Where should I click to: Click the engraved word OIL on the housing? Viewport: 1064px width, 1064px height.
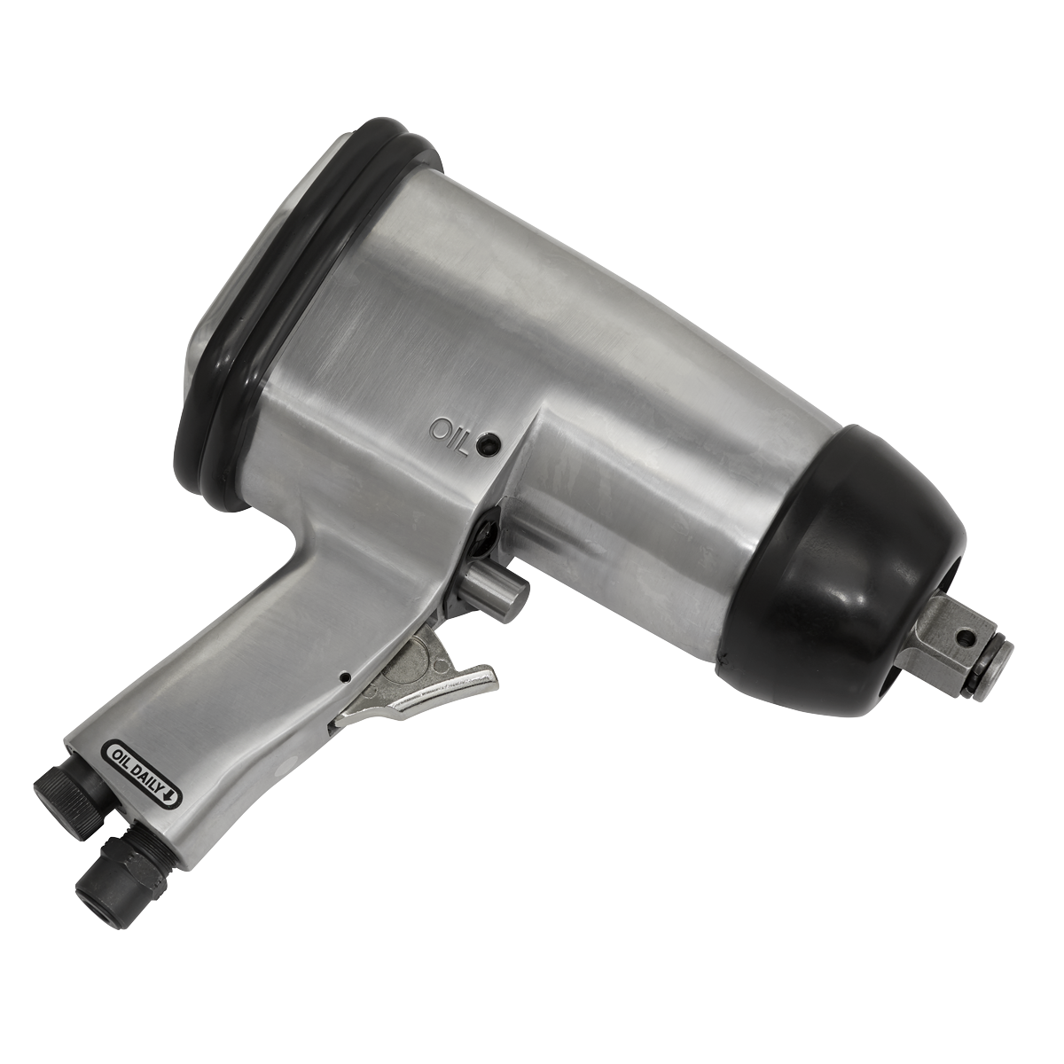coord(449,437)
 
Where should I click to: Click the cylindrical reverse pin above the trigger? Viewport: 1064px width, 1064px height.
coord(493,593)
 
